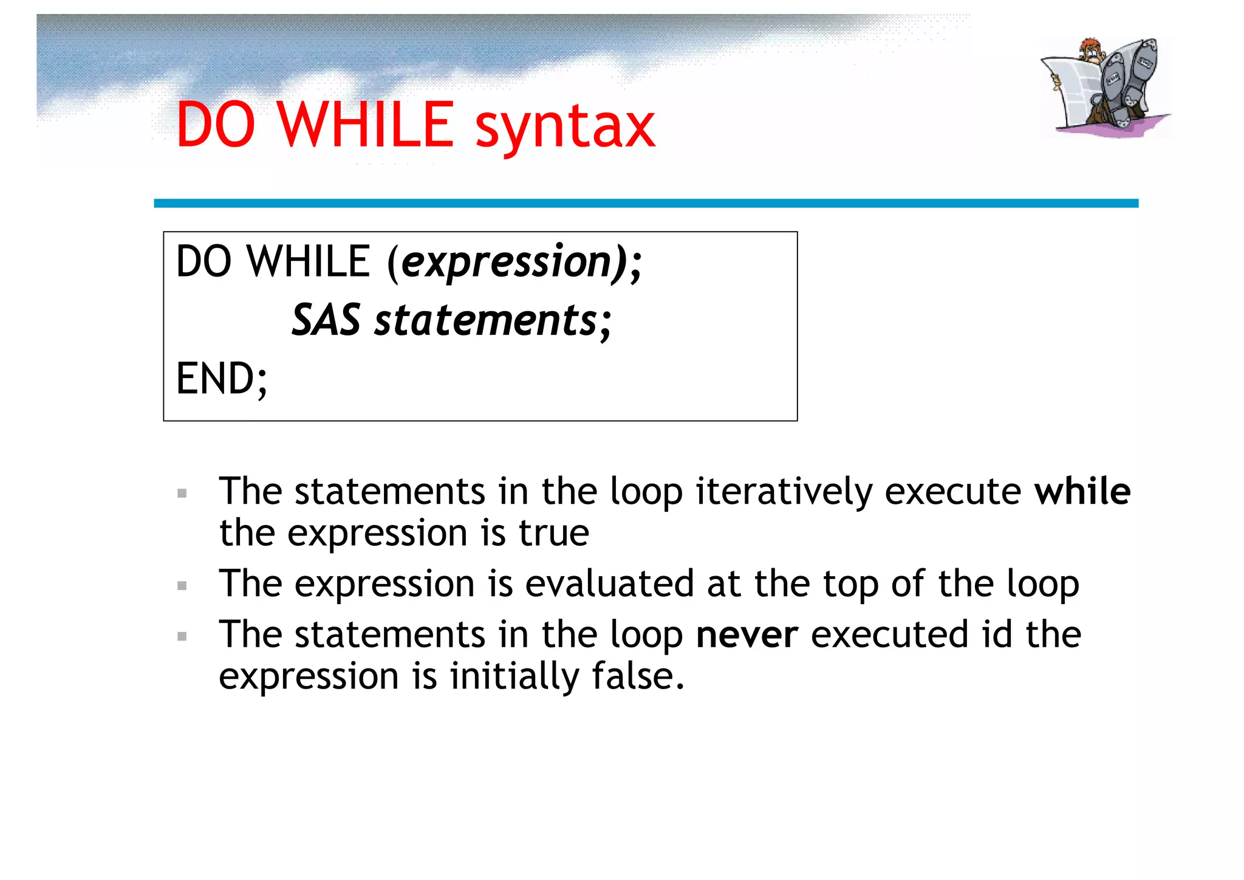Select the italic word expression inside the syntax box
tap(507, 262)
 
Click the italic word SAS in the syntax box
tap(326, 320)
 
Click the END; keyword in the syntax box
tap(221, 379)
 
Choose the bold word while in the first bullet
tap(1082, 491)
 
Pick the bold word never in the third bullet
tap(747, 634)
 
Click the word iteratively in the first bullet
tap(784, 491)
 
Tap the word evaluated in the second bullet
tap(609, 583)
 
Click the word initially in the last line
tap(514, 676)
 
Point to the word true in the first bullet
tap(553, 533)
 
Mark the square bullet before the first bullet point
tap(182, 493)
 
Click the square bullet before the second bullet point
tap(182, 586)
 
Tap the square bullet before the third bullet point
tap(182, 637)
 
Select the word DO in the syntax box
tap(203, 262)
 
